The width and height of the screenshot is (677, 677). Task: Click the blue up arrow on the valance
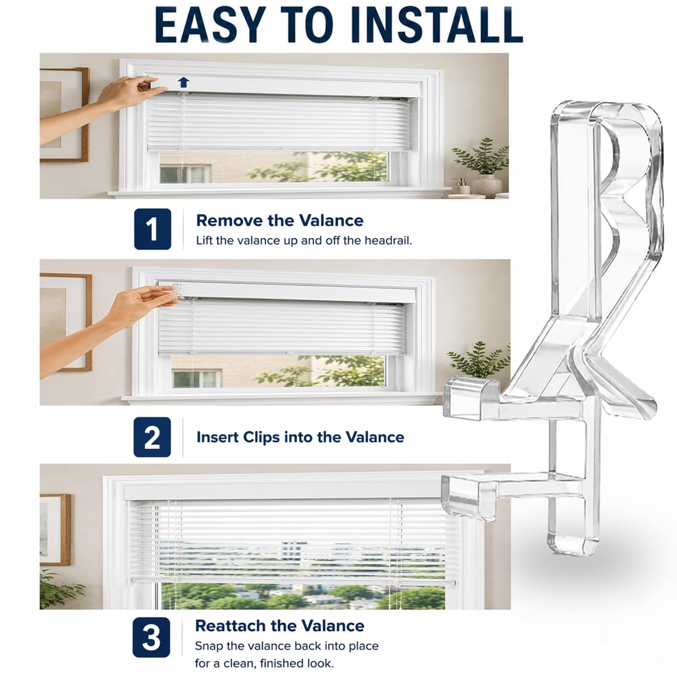tap(183, 83)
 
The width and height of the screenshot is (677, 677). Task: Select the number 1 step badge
tap(152, 229)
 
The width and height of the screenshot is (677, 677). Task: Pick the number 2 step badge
tap(152, 437)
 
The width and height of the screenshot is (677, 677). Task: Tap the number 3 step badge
tap(151, 637)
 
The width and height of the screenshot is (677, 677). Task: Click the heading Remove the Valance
tap(280, 220)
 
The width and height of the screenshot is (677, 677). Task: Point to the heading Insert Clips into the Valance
tap(300, 437)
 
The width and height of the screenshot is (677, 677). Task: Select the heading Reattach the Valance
tap(280, 626)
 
